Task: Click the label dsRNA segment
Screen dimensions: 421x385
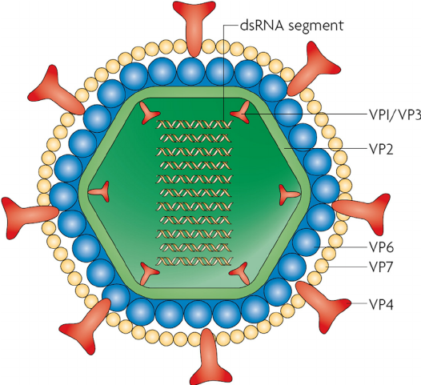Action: point(291,26)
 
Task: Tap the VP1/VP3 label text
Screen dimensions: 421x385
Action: point(395,114)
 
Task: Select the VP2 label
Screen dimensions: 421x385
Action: point(381,149)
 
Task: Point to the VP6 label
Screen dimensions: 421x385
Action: point(381,247)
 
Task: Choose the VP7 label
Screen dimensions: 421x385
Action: point(381,267)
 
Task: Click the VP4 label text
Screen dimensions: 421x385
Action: point(381,304)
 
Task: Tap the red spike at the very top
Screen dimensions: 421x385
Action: point(194,28)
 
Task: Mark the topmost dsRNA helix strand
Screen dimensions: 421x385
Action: point(194,124)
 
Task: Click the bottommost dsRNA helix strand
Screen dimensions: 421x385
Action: point(194,261)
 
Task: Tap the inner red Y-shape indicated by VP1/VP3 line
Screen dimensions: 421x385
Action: point(241,113)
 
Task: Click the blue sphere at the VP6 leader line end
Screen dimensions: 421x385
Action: point(307,243)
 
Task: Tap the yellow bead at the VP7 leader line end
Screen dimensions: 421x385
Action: point(322,267)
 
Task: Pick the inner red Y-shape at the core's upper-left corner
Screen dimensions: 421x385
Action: point(150,113)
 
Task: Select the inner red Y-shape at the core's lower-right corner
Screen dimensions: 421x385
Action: point(239,273)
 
